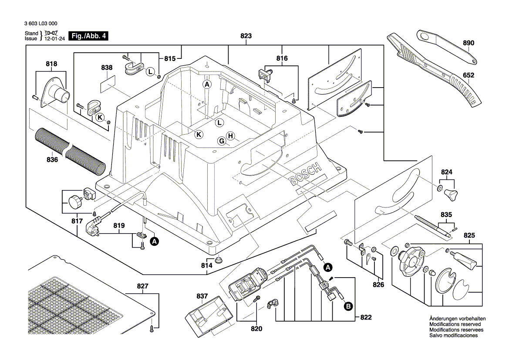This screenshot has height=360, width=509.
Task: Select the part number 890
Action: [468, 43]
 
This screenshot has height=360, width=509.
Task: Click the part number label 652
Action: [469, 75]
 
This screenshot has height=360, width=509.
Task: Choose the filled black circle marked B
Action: [348, 307]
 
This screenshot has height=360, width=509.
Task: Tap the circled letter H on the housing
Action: [230, 136]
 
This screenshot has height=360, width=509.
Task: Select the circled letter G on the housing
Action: [222, 141]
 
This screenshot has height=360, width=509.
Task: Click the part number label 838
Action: [107, 68]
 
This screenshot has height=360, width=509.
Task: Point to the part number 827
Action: [142, 286]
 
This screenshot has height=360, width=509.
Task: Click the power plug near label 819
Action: [95, 227]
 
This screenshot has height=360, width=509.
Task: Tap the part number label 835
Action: [446, 215]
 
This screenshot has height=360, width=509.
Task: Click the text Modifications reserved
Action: [455, 325]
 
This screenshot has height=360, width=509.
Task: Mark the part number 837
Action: [202, 296]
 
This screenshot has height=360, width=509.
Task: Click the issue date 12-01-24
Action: [54, 39]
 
